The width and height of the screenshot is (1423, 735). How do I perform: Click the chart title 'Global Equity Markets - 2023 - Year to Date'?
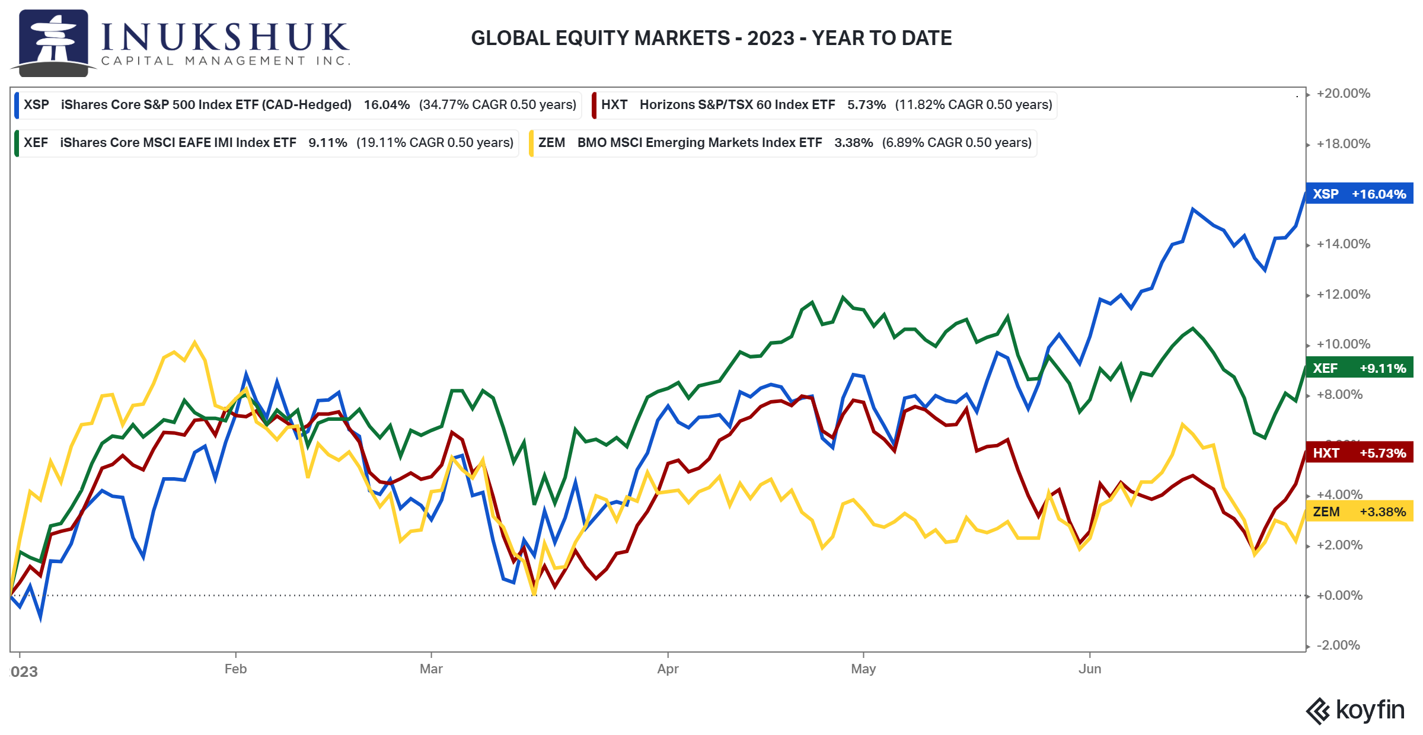[711, 38]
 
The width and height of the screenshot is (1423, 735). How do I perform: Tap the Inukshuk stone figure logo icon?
[53, 43]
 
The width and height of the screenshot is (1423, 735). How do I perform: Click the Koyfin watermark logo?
[1355, 710]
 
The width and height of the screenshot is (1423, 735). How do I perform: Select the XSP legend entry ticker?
[36, 104]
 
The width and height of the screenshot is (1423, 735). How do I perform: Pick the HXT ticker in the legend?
[614, 104]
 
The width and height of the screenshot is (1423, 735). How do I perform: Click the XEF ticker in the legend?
[36, 142]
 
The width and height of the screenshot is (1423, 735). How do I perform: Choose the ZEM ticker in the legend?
[551, 142]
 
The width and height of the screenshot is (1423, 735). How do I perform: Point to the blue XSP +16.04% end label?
[1360, 194]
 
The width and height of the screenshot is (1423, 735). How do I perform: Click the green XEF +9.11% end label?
[1360, 368]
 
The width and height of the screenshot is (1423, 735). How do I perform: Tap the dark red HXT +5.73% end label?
[1360, 453]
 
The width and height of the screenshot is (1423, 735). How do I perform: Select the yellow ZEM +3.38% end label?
[1360, 512]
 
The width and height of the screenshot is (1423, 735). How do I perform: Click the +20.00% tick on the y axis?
[1344, 93]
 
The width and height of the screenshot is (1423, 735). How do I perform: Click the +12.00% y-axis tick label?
[1344, 294]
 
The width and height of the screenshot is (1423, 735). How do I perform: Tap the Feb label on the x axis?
[235, 669]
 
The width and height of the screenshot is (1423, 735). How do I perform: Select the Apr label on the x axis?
[668, 669]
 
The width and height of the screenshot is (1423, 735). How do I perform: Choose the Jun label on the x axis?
[1090, 669]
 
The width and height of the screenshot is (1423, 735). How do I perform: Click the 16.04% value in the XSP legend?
[387, 104]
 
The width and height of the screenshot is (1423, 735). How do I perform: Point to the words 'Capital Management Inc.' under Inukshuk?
[225, 60]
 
